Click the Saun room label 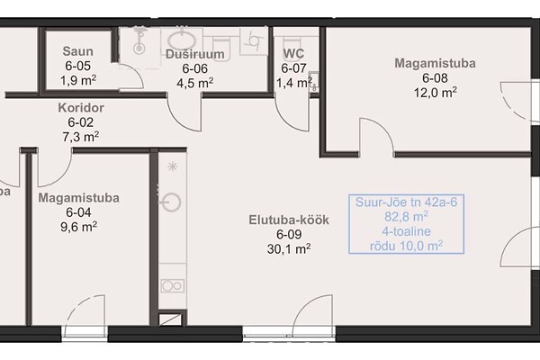pyautogui.click(x=77, y=51)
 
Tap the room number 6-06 pyautogui.click(x=195, y=68)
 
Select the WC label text pyautogui.click(x=293, y=54)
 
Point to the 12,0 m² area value pyautogui.click(x=436, y=93)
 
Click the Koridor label pyautogui.click(x=81, y=108)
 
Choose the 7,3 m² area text pyautogui.click(x=81, y=137)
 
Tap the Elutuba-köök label pyautogui.click(x=289, y=220)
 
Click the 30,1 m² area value pyautogui.click(x=289, y=248)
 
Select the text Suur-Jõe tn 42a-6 pyautogui.click(x=407, y=202)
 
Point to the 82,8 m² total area pyautogui.click(x=407, y=217)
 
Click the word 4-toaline pyautogui.click(x=407, y=231)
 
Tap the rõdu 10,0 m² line pyautogui.click(x=407, y=246)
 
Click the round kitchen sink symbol pyautogui.click(x=171, y=202)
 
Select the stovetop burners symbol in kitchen pyautogui.click(x=173, y=286)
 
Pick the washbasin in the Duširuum pyautogui.click(x=182, y=41)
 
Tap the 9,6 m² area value pyautogui.click(x=78, y=227)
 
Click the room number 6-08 pyautogui.click(x=435, y=78)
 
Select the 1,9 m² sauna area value pyautogui.click(x=78, y=81)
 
